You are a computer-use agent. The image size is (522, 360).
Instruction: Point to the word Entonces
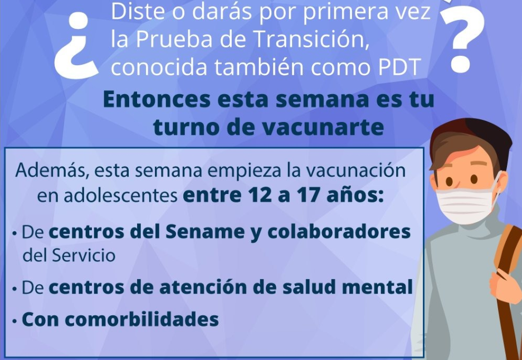(157, 99)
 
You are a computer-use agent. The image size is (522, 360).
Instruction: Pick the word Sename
(205, 231)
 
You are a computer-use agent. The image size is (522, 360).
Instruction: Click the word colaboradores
(339, 231)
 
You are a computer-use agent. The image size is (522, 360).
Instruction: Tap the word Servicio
(84, 255)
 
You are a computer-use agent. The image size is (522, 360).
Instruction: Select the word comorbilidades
(142, 319)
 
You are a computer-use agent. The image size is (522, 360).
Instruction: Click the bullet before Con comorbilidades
(14, 322)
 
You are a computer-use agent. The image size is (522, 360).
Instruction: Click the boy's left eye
(450, 182)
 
